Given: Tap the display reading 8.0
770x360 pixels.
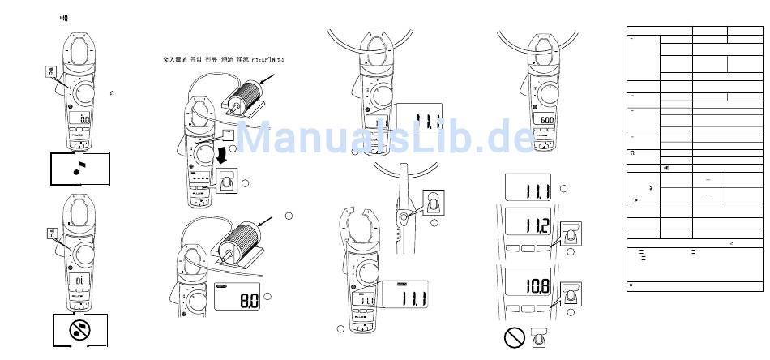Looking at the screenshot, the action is click(x=241, y=302).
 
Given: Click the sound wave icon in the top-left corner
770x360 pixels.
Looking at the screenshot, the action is click(x=63, y=17).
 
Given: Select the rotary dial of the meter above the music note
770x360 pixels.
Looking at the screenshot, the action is click(x=81, y=93).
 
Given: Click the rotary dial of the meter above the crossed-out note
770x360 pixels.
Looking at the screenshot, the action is click(x=81, y=253).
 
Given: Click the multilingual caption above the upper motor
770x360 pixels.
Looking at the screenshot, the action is click(x=224, y=60).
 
